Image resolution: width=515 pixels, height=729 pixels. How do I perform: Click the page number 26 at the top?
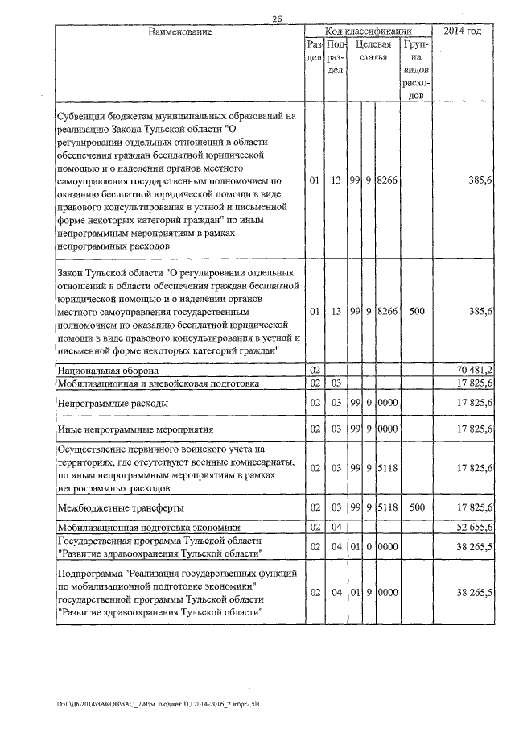(x=278, y=19)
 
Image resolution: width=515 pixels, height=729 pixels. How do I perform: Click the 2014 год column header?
(x=468, y=31)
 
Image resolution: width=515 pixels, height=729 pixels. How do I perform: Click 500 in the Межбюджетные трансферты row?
(x=417, y=508)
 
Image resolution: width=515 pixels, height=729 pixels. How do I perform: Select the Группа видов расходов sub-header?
(x=417, y=70)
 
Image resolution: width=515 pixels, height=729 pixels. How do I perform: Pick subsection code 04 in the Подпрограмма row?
(x=336, y=592)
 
